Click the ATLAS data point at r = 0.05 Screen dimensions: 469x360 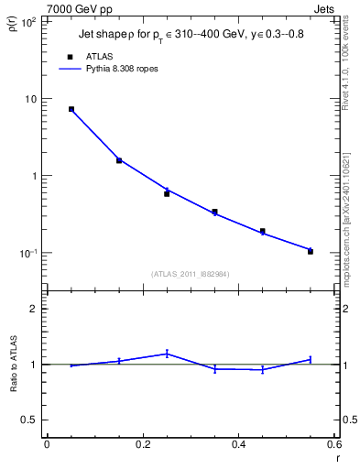click(x=71, y=109)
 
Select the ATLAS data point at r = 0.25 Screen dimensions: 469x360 click(x=167, y=193)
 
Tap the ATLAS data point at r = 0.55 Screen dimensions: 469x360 click(x=311, y=251)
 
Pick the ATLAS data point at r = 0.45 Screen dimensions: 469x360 click(x=263, y=232)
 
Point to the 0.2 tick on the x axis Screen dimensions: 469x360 click(x=142, y=445)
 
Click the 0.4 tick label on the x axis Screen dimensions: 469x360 click(x=238, y=445)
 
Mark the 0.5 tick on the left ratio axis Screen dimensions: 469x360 click(x=30, y=420)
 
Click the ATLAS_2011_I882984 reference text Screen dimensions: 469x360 click(x=190, y=273)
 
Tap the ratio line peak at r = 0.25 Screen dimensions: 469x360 click(x=167, y=354)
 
